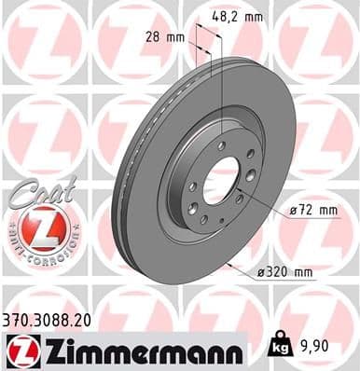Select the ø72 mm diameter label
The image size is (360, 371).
(313, 211)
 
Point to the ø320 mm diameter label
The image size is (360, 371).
(285, 272)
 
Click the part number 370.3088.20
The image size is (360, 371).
(55, 319)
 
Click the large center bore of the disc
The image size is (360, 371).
(219, 180)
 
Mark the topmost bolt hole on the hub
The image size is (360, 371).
(222, 145)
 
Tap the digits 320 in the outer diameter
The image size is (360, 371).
(277, 272)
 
